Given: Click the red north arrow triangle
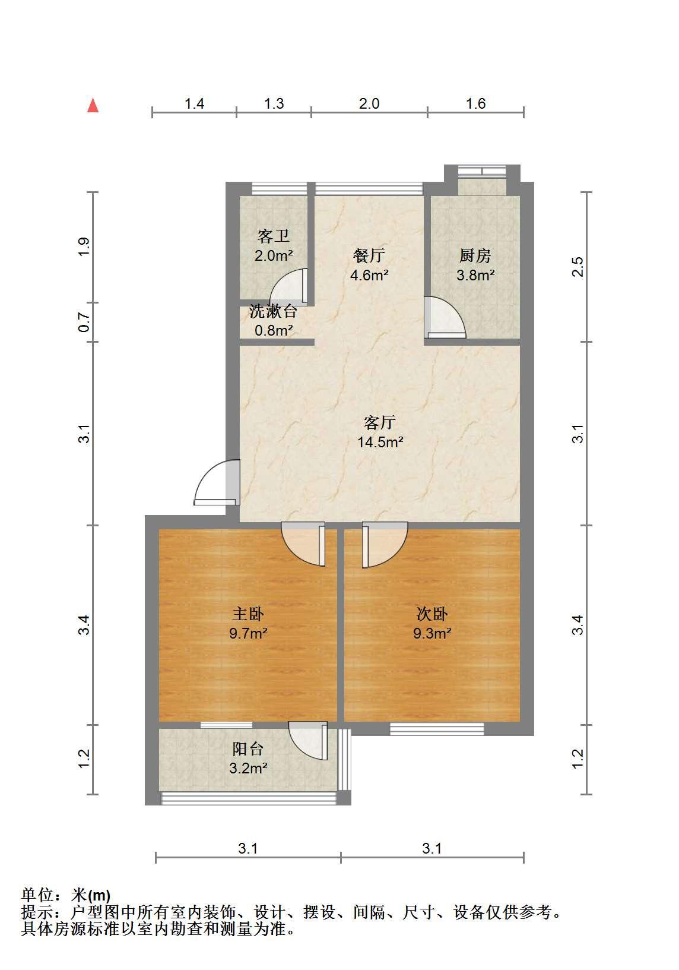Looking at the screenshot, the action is coord(93,105).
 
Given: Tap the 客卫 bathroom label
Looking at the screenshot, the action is coord(273,236).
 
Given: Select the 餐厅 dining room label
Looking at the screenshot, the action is coord(369,255).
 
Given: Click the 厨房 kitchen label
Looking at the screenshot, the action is coord(475,255).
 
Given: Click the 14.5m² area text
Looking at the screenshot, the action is coord(380,442).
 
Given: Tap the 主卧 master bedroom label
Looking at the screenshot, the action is coord(248,614).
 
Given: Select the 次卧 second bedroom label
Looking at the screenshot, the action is coord(432,614).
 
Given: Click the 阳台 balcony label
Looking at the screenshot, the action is coord(248,748).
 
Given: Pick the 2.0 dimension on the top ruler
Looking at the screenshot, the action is coord(369,103).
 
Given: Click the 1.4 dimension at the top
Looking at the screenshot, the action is coord(194,103).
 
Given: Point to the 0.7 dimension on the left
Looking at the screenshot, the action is coord(84,323).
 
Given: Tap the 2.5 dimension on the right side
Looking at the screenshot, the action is coord(578,267).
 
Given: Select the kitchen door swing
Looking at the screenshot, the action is coord(445,317).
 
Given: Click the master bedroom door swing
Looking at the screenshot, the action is coord(303,544).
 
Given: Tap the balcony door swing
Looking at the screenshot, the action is coord(308,741).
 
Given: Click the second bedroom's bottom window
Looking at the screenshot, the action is coord(437,729).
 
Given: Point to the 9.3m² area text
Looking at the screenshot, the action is coord(432,634).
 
